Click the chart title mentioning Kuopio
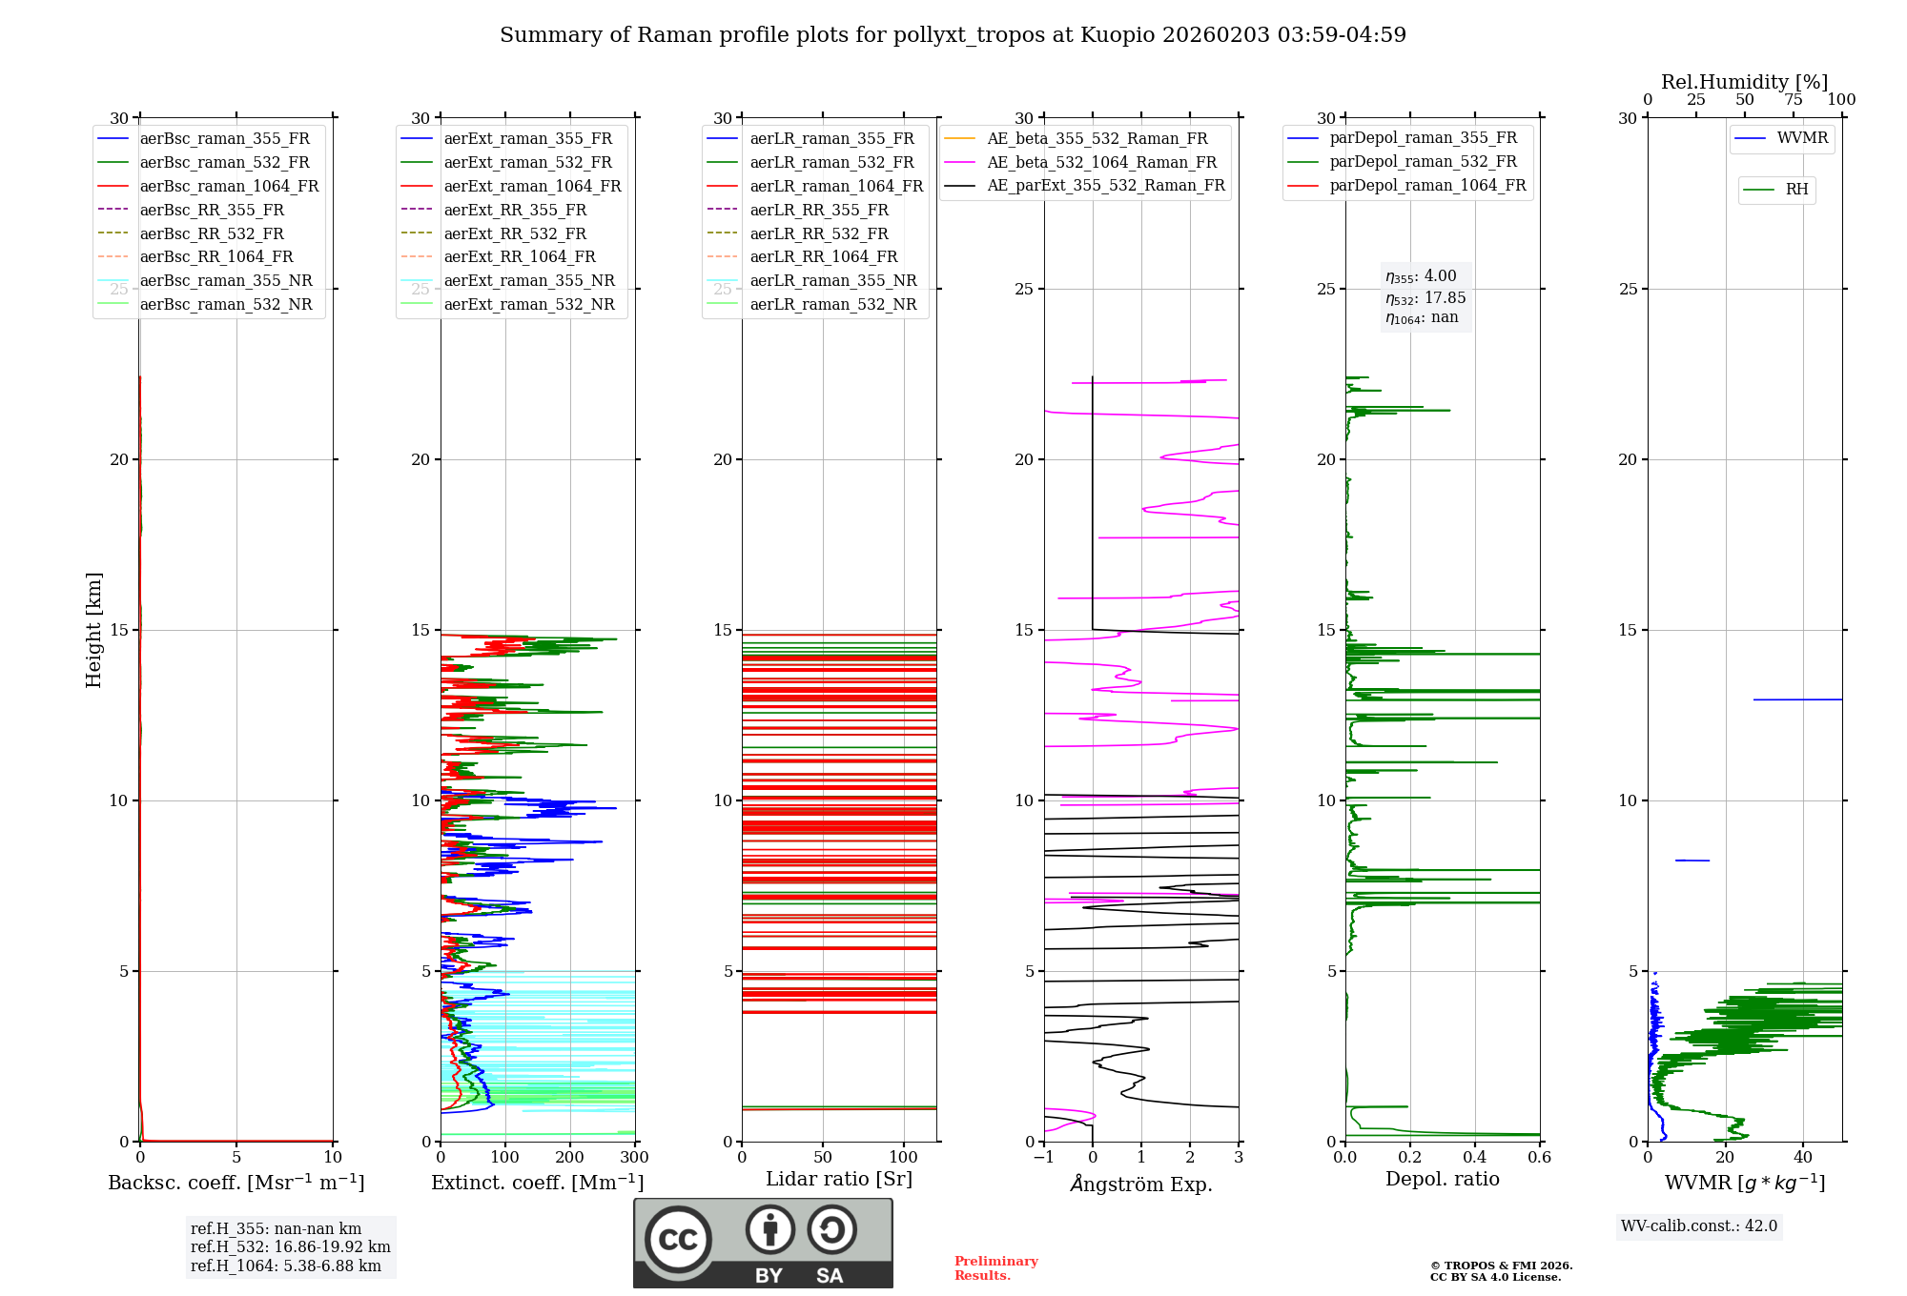point(953,35)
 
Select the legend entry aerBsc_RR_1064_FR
point(216,257)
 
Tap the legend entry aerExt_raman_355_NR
point(529,281)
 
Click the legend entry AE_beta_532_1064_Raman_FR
point(1101,163)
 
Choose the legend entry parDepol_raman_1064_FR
point(1427,186)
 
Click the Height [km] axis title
point(93,629)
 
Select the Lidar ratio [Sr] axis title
point(839,1180)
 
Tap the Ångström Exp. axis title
point(1141,1185)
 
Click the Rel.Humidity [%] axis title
point(1744,82)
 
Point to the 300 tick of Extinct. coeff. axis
point(634,1158)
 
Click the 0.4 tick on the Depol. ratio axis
point(1475,1158)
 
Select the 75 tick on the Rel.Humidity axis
point(1794,100)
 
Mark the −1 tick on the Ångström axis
point(1043,1158)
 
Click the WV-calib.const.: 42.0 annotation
point(1699,1226)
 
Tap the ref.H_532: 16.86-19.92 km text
point(290,1247)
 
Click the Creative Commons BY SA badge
point(763,1243)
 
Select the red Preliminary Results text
point(995,1268)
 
